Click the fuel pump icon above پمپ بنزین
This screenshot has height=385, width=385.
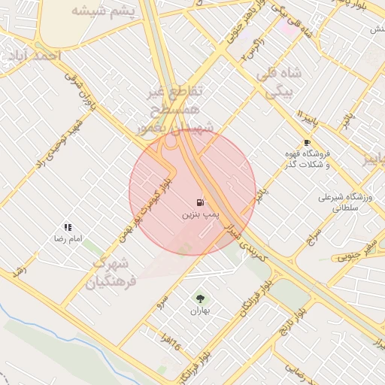point(200,202)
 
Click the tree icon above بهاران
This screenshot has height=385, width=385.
point(199,299)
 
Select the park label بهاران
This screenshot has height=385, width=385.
point(199,311)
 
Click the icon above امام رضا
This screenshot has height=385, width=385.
point(68,227)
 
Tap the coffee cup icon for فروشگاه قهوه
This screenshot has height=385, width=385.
point(307,143)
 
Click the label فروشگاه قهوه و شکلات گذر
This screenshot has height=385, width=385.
point(307,159)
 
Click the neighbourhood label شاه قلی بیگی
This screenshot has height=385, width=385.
point(279,83)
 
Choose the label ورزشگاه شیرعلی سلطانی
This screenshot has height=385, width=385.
point(345,203)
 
